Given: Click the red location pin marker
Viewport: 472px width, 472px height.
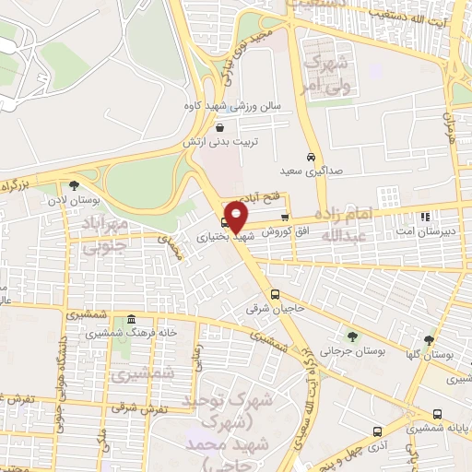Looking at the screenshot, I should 237,218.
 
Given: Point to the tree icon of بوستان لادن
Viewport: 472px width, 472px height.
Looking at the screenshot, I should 74,185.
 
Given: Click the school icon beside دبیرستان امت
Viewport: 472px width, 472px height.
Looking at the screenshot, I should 425,218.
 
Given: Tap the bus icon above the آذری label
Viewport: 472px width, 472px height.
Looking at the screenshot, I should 376,431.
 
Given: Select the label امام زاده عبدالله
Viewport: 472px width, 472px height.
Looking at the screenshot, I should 348,223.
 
